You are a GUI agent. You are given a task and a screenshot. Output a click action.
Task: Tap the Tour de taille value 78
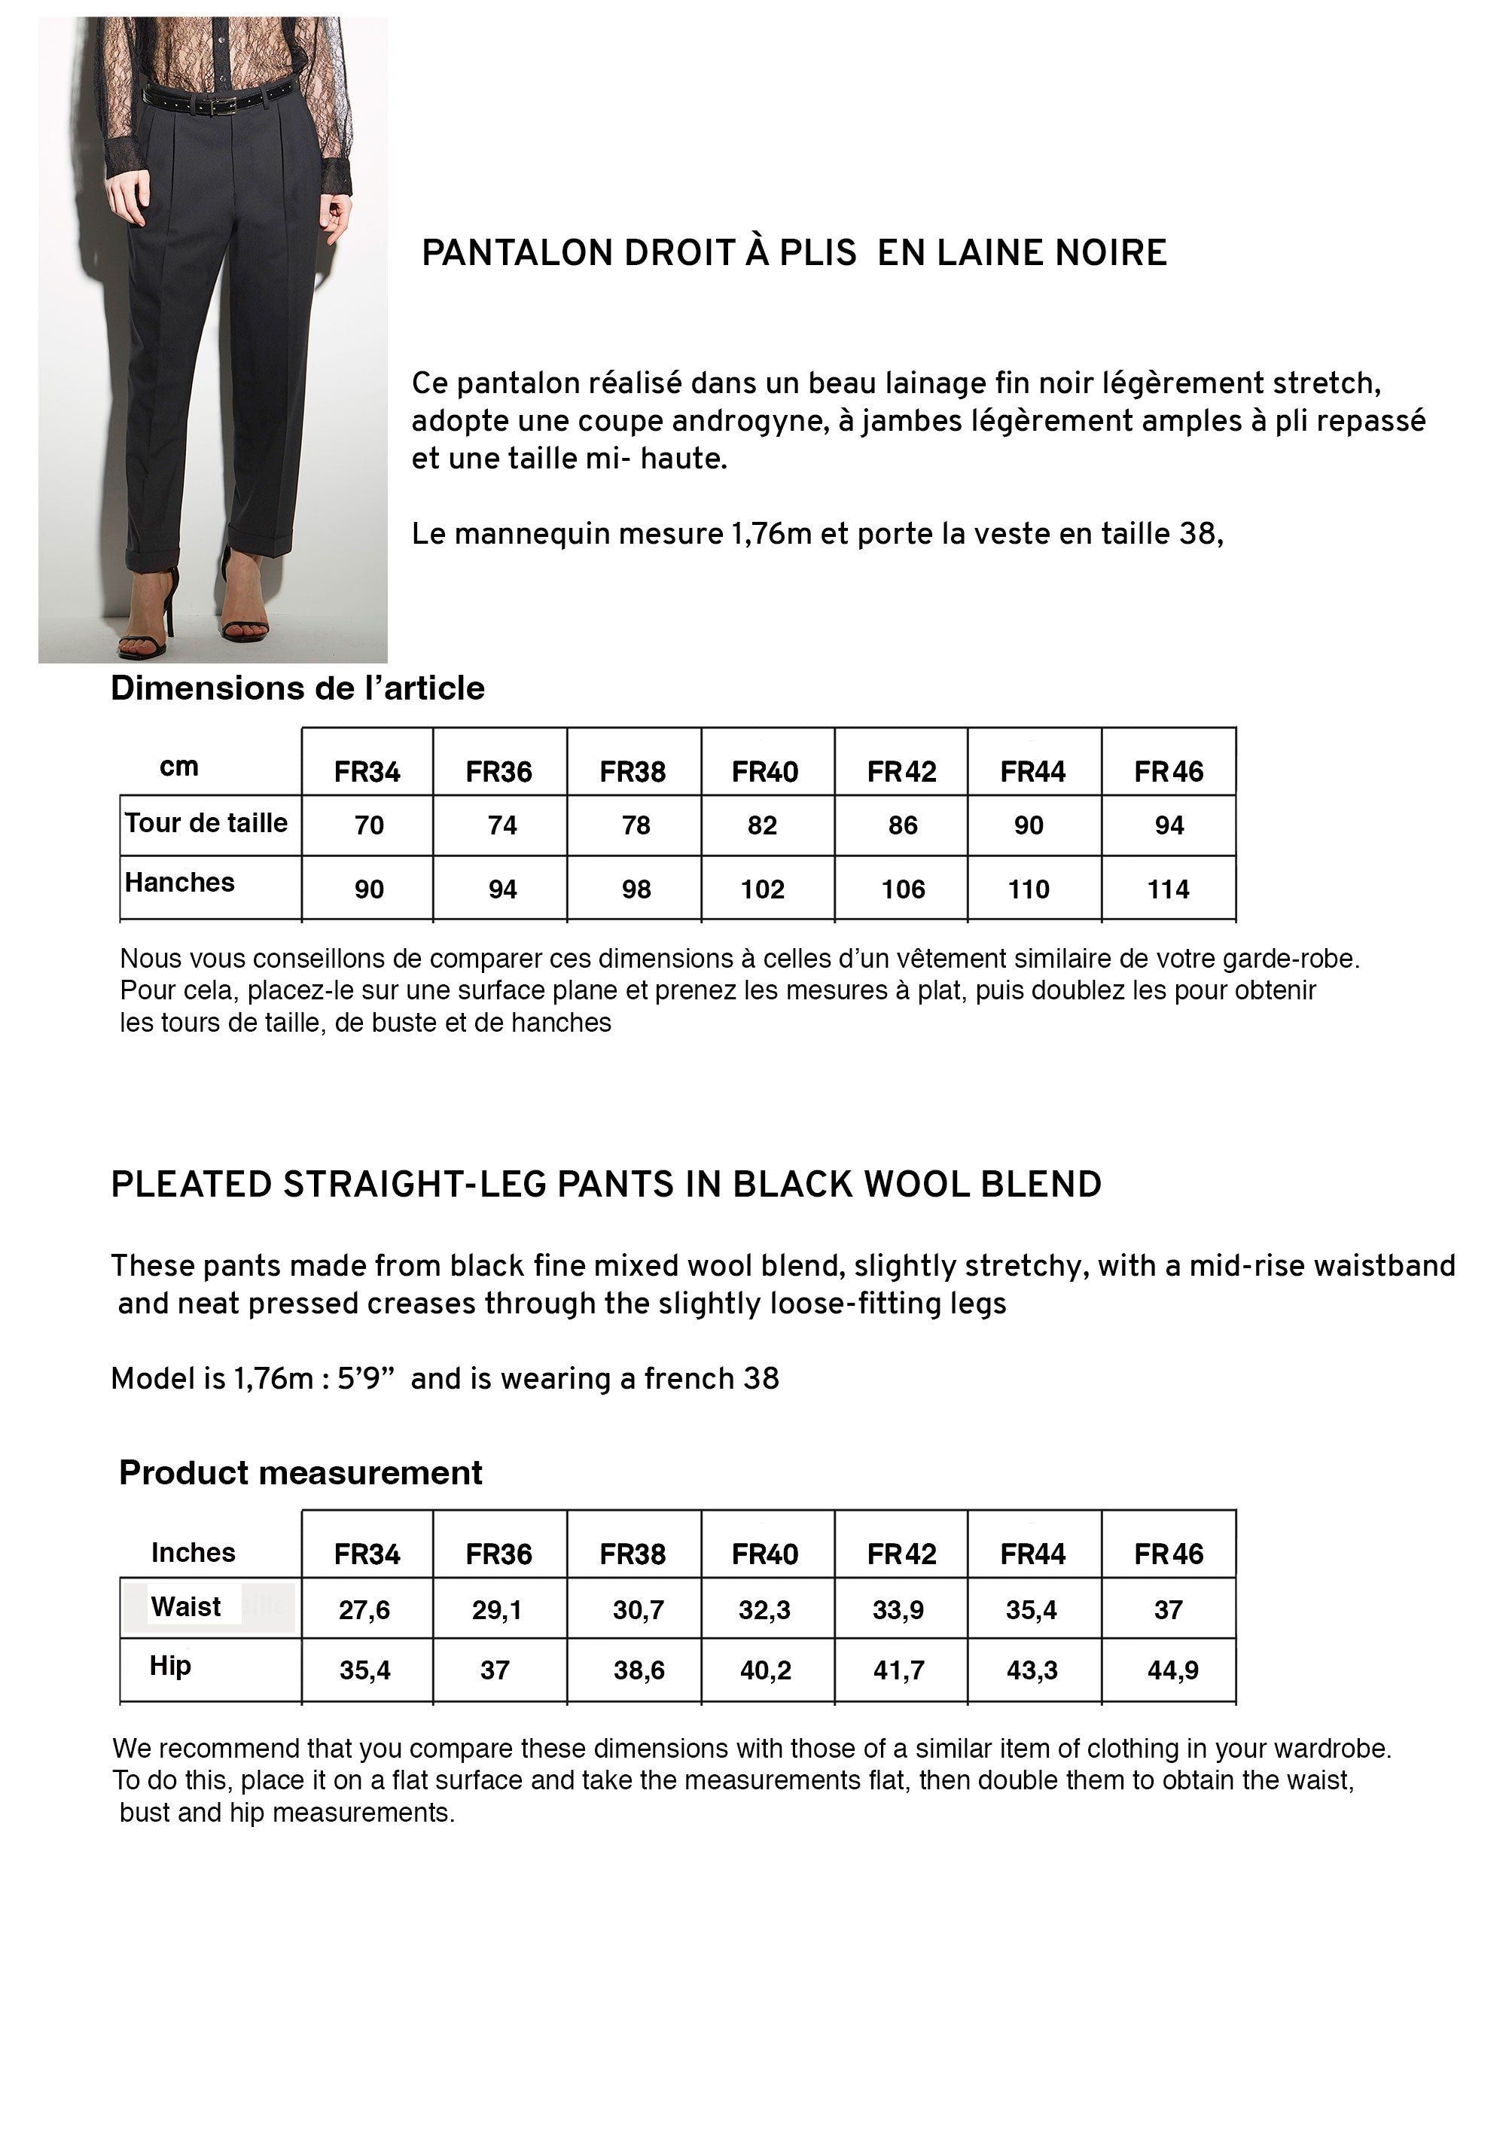(636, 826)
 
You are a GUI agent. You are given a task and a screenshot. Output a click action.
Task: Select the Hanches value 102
(763, 890)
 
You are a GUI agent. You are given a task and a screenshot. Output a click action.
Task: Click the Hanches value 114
(1169, 890)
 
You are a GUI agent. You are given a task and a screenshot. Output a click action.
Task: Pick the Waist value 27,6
(365, 1610)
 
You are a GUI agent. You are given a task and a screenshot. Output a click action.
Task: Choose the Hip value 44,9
(1173, 1670)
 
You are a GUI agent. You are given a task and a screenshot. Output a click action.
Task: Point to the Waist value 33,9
(898, 1610)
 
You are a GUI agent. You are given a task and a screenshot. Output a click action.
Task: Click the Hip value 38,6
(639, 1670)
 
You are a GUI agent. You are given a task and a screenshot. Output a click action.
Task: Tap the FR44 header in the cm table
(1033, 772)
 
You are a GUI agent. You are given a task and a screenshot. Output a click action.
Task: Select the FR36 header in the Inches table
(499, 1554)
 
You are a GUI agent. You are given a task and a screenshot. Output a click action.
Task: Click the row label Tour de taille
(206, 823)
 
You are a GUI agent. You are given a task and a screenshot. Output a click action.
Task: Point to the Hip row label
(170, 1666)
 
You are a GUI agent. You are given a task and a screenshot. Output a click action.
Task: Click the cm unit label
(178, 767)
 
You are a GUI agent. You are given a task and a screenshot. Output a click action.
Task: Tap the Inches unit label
(194, 1552)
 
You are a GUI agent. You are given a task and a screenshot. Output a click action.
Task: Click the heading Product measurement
(300, 1473)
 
